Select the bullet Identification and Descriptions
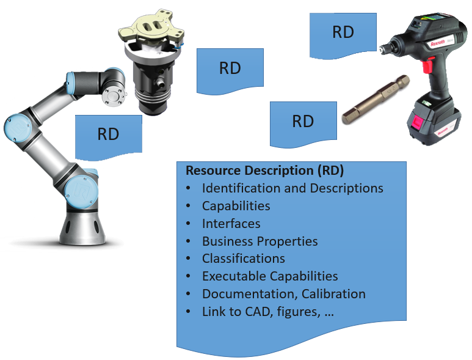[292, 188]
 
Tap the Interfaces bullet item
[231, 224]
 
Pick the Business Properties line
[260, 241]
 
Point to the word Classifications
[243, 259]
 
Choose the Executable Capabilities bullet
[270, 276]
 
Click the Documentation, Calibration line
[283, 294]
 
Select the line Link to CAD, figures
[267, 312]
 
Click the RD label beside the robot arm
[108, 134]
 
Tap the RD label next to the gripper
[230, 68]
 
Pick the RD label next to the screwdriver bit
[303, 121]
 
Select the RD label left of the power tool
[343, 32]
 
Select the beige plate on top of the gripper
[150, 29]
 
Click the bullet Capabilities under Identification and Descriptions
[236, 206]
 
